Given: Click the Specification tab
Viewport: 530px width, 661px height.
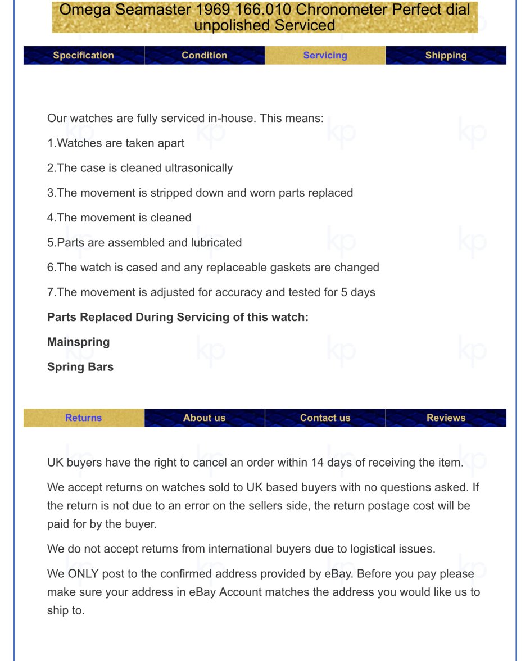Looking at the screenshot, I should (x=83, y=55).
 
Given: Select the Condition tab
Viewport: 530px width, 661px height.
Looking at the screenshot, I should (x=204, y=55).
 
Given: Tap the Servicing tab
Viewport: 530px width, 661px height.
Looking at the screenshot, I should (x=325, y=55).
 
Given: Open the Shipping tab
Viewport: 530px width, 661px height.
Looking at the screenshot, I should (x=446, y=55).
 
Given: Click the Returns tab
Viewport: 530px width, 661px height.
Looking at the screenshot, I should (x=83, y=418).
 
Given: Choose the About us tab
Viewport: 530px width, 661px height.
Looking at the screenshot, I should (x=204, y=418).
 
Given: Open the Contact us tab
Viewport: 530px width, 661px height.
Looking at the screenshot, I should (x=325, y=418).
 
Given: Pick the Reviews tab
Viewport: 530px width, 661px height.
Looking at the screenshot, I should (x=446, y=418).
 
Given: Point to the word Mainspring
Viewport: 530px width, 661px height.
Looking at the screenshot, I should (x=78, y=342).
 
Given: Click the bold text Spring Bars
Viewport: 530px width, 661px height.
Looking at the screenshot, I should (x=80, y=366).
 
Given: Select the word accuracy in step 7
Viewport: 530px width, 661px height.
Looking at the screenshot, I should (x=268, y=292).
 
